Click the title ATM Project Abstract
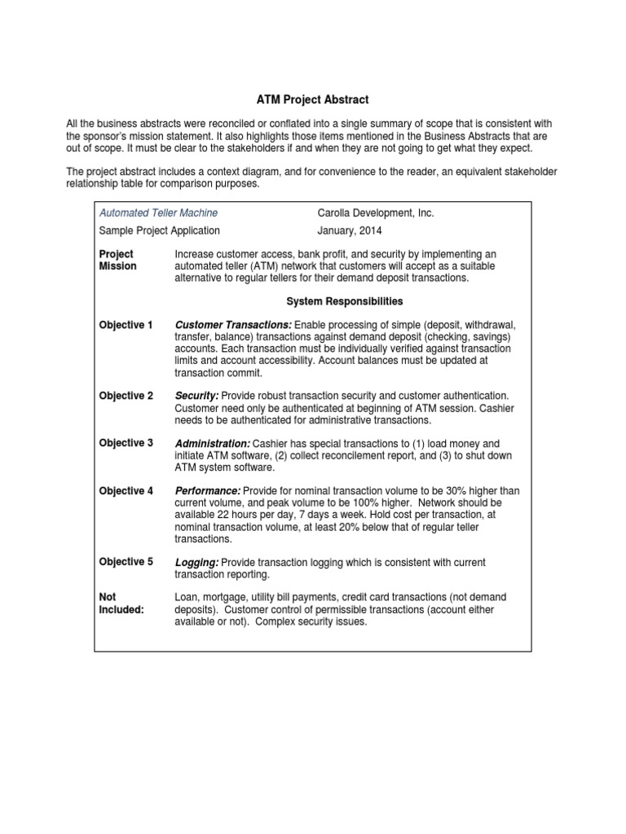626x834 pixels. click(312, 99)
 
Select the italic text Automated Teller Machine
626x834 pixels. click(158, 213)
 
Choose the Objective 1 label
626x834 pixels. click(126, 325)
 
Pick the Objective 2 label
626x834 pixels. click(126, 396)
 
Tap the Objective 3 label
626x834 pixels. click(126, 443)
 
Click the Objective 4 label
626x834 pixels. click(126, 491)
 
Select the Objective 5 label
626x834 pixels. click(126, 562)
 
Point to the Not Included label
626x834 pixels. click(121, 604)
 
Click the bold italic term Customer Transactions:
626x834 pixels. click(234, 325)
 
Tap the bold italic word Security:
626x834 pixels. click(197, 396)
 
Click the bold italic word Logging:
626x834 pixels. click(197, 562)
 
